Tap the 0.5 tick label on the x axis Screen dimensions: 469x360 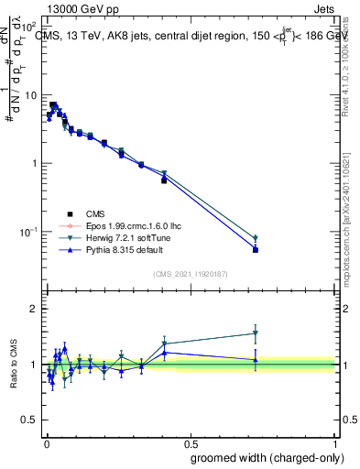click(x=191, y=441)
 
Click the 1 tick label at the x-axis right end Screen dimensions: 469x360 click(x=336, y=441)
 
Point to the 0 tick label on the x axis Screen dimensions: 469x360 click(x=46, y=441)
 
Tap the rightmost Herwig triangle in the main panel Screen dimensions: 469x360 click(x=256, y=239)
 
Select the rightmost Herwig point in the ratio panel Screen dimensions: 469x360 click(x=256, y=333)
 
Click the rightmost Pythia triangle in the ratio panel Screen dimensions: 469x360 click(x=256, y=360)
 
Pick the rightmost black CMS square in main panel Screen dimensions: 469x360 click(x=256, y=249)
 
